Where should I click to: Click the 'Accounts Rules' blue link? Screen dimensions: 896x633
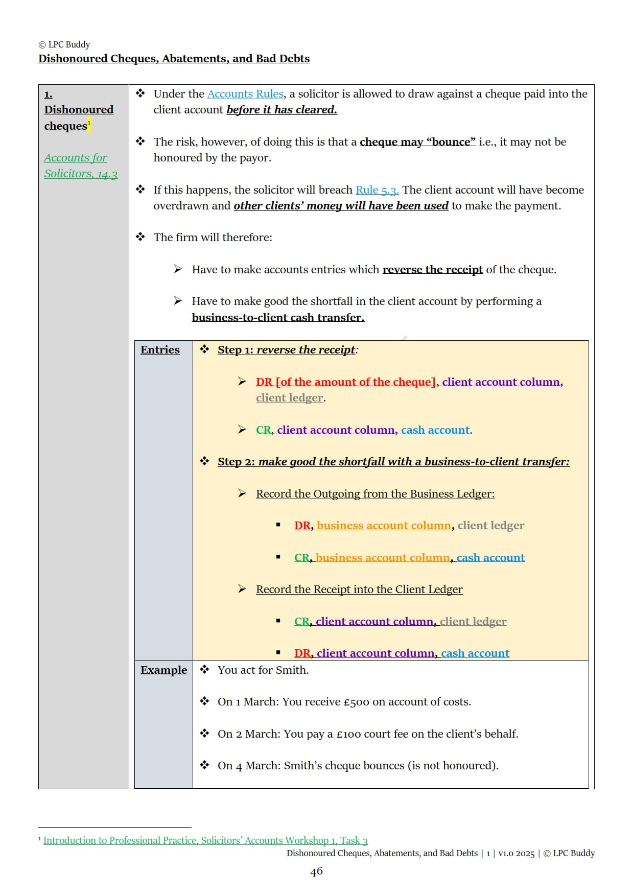[x=245, y=94]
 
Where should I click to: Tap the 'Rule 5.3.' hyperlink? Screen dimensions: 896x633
[x=377, y=190]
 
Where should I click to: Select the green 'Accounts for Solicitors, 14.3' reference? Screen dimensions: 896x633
[x=80, y=166]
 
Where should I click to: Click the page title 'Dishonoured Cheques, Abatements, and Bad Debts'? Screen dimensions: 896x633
[x=174, y=59]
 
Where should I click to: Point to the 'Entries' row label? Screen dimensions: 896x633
[x=160, y=350]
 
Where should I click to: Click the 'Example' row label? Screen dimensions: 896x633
[x=163, y=670]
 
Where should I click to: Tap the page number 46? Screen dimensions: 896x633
[x=316, y=871]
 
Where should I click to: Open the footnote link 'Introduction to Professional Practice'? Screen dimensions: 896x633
[x=205, y=840]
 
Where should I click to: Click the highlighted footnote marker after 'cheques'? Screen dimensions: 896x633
[x=89, y=124]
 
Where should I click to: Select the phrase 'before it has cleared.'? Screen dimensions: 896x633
[x=282, y=110]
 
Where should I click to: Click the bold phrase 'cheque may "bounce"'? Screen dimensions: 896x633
[x=417, y=142]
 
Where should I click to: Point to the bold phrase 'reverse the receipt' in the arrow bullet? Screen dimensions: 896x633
[x=432, y=270]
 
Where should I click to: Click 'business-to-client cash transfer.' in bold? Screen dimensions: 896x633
[x=278, y=318]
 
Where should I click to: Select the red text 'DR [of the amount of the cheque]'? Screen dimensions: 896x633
[x=346, y=382]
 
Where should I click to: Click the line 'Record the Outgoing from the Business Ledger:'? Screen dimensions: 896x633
[x=375, y=494]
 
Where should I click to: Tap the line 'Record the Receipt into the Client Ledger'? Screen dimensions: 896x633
[x=359, y=590]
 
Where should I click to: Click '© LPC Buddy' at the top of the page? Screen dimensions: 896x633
[x=64, y=44]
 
